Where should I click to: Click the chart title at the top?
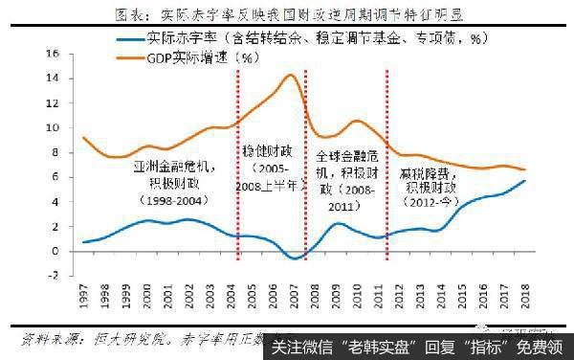(286, 13)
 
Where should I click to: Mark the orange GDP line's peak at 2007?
(291, 75)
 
